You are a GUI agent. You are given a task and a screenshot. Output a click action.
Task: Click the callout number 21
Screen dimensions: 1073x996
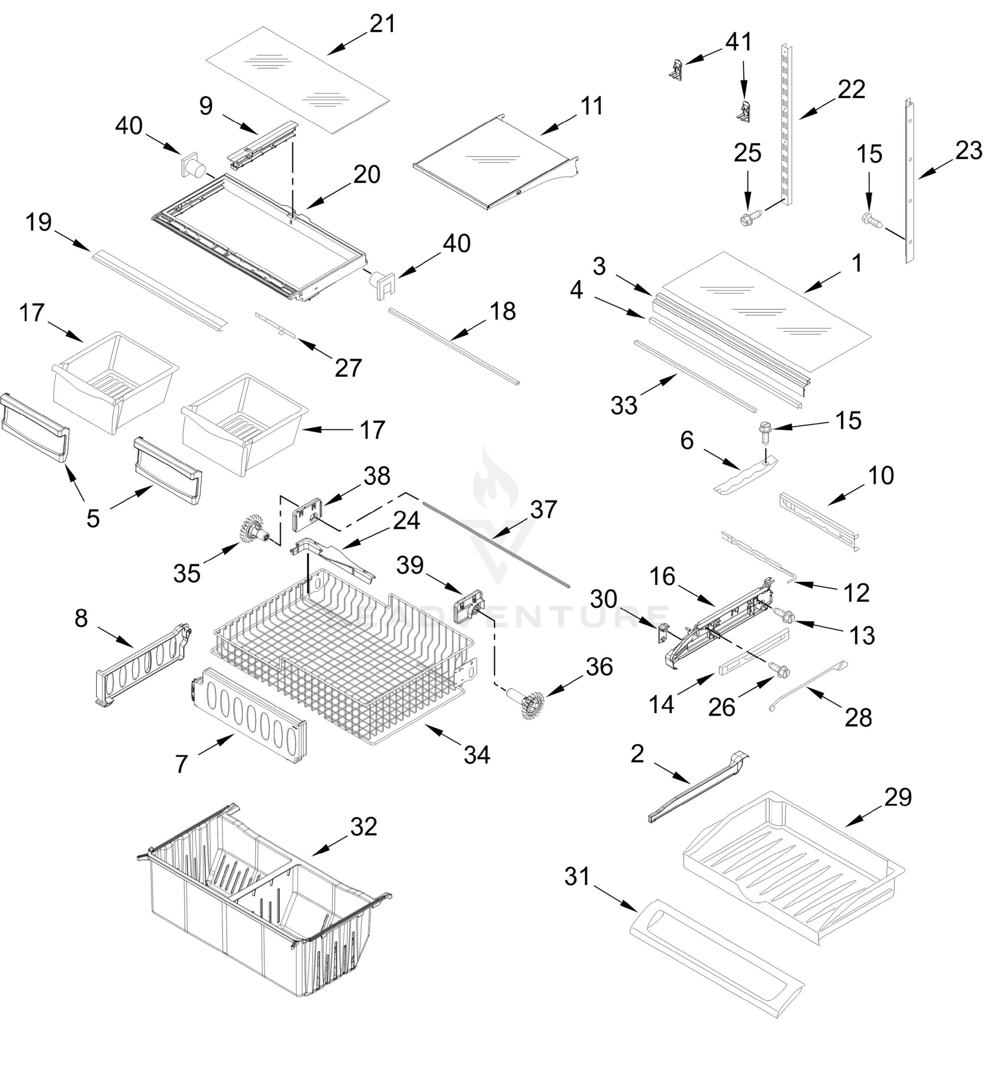[x=382, y=24]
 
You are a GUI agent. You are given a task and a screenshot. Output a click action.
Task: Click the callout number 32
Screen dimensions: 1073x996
[x=363, y=826]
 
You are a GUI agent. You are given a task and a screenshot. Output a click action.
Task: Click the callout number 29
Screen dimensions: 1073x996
[x=898, y=797]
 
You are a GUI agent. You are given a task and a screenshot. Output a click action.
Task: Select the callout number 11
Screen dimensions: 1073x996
[x=592, y=106]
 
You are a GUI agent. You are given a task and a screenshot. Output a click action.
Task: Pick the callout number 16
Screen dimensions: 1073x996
[x=662, y=576]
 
